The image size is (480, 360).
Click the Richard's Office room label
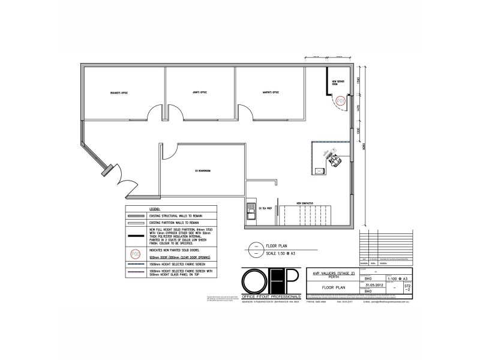tap(120, 93)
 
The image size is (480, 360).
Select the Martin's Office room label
tap(271, 92)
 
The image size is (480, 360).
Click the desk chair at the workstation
tap(334, 160)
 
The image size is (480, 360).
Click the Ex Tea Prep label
tap(266, 208)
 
